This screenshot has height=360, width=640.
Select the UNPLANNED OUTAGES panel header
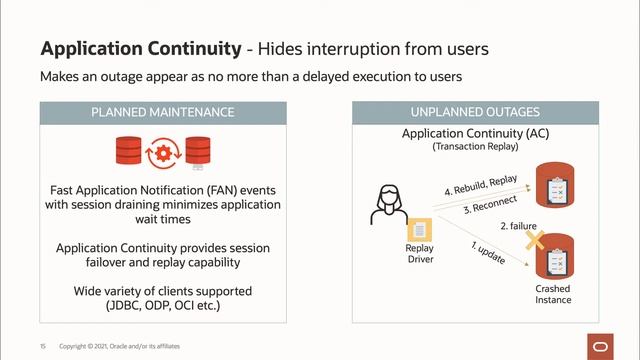tap(476, 112)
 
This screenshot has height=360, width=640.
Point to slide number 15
tap(44, 346)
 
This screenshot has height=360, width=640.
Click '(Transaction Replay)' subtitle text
tap(476, 147)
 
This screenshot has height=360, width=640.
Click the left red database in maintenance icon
tap(128, 153)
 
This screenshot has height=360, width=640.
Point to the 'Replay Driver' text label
tap(419, 255)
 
